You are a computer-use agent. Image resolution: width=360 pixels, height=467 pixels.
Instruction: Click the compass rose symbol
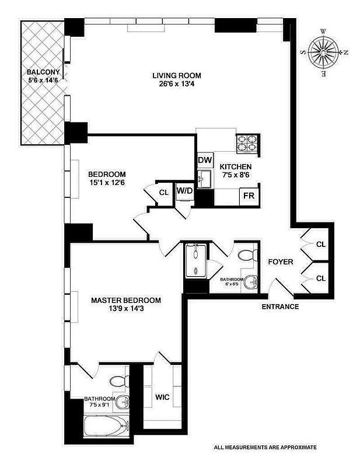click(323, 52)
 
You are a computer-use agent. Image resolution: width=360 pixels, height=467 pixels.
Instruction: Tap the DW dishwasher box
click(204, 160)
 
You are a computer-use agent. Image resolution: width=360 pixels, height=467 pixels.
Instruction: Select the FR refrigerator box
click(249, 195)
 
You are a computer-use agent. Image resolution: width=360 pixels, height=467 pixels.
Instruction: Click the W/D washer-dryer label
click(185, 190)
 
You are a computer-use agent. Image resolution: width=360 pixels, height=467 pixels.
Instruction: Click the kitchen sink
click(204, 179)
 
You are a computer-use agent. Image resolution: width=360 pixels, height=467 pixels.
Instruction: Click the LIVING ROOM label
click(177, 75)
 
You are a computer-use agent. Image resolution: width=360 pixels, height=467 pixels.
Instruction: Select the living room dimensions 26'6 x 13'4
click(177, 84)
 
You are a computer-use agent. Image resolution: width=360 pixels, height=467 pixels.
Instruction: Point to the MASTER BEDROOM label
click(126, 301)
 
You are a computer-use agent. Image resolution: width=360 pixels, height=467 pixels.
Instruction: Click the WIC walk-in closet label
click(162, 397)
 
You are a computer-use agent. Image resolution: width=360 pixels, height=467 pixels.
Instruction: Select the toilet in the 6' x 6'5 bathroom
click(247, 255)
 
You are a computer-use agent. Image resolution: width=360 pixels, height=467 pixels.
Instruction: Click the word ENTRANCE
click(280, 306)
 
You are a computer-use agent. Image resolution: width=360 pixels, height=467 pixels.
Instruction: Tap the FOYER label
click(280, 262)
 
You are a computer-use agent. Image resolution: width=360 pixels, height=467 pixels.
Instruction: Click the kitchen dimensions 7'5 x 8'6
click(236, 175)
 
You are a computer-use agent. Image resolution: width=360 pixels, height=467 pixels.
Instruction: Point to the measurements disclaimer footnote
click(265, 447)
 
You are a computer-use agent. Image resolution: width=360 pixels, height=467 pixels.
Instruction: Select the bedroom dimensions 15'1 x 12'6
click(107, 183)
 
